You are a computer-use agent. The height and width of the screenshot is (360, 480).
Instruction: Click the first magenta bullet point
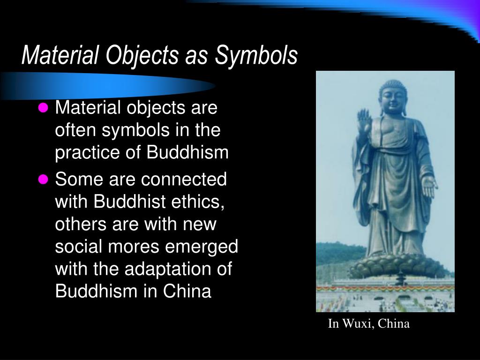(x=43, y=109)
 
